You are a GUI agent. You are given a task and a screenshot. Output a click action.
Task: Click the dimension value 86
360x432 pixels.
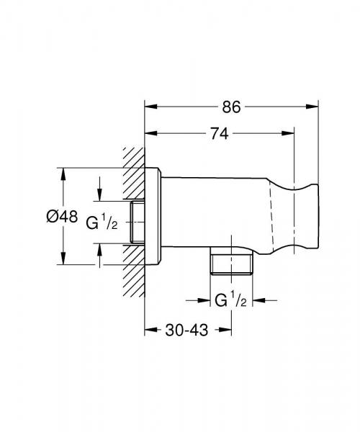click(x=231, y=107)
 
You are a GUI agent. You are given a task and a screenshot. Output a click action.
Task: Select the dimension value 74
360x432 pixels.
click(x=220, y=134)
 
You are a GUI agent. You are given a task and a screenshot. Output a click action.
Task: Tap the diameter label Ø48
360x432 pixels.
click(x=62, y=216)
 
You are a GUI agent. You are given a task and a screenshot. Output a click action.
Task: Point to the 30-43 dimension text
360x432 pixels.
click(x=186, y=330)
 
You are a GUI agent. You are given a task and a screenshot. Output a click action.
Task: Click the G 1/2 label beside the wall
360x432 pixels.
click(x=102, y=222)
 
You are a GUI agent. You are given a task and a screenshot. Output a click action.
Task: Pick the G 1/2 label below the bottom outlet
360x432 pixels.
click(x=230, y=300)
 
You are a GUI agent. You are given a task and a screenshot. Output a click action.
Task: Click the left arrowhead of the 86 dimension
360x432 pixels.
click(x=151, y=107)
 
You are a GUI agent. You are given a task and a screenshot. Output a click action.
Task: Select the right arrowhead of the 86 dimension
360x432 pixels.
click(x=312, y=107)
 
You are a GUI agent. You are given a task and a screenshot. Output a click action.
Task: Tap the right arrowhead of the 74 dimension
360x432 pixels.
click(x=288, y=134)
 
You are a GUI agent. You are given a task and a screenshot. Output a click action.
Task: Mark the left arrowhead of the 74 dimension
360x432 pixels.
click(x=151, y=134)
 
